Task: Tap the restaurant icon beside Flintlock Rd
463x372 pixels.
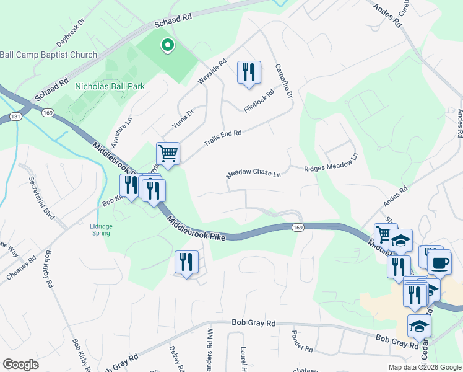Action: (x=249, y=73)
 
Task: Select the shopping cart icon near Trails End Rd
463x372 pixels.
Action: (x=167, y=153)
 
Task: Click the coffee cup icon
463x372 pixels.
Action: (x=439, y=263)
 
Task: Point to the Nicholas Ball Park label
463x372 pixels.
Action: (x=110, y=86)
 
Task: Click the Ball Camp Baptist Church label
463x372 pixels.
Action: (x=48, y=55)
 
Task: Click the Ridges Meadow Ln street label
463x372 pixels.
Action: (x=331, y=163)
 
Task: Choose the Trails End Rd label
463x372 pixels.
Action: (x=222, y=138)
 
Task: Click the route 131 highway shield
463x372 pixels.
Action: (x=15, y=117)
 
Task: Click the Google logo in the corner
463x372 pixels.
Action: (x=20, y=365)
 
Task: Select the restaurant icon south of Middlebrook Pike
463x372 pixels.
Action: (x=186, y=262)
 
